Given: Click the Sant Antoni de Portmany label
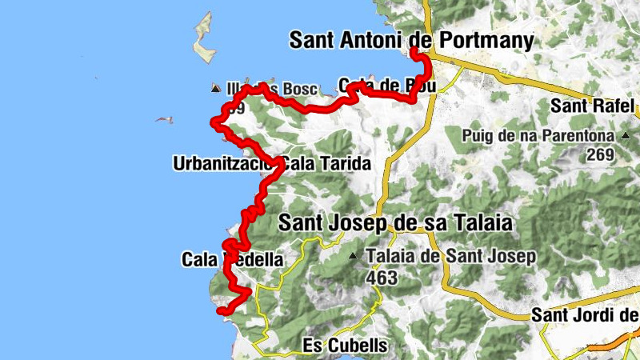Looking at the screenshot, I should pyautogui.click(x=411, y=39).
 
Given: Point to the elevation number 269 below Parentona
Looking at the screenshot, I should pyautogui.click(x=601, y=155).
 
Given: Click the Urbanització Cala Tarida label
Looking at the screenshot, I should pyautogui.click(x=271, y=165).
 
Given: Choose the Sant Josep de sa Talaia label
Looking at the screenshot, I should pyautogui.click(x=394, y=224).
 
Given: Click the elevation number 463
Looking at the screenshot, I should pyautogui.click(x=382, y=277).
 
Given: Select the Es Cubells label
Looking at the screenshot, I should pyautogui.click(x=346, y=346).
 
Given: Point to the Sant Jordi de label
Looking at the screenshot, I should pyautogui.click(x=584, y=316).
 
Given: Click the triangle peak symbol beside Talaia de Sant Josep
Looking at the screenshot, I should pyautogui.click(x=353, y=257).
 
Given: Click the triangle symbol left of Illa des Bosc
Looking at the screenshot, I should pyautogui.click(x=215, y=88).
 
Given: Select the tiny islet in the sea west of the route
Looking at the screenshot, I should pyautogui.click(x=164, y=120).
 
